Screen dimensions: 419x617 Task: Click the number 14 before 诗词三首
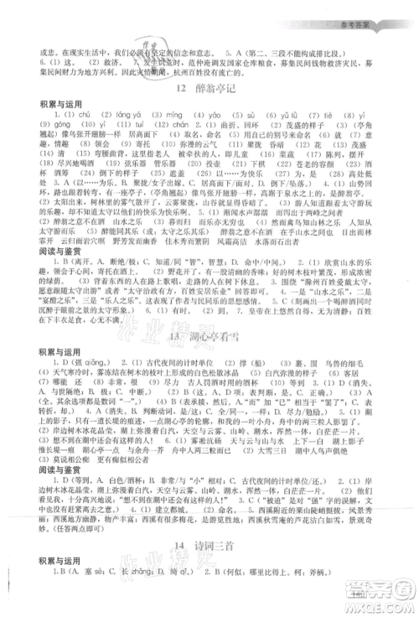184,547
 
